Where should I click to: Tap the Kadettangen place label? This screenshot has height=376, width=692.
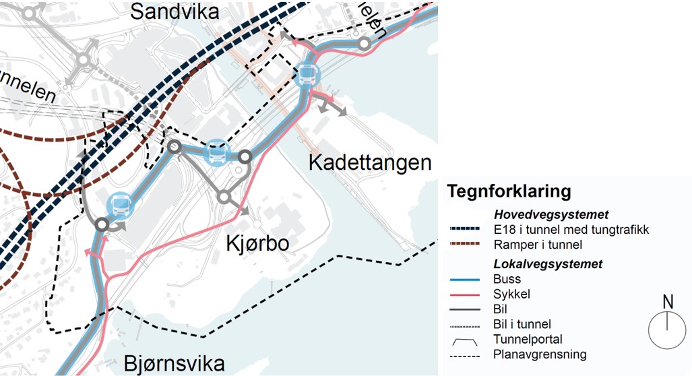[369, 163]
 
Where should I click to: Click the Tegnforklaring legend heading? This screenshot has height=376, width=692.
[509, 191]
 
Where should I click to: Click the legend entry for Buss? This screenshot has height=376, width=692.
[507, 280]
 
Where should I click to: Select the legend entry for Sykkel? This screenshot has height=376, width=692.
[511, 294]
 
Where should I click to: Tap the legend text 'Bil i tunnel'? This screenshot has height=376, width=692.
[522, 325]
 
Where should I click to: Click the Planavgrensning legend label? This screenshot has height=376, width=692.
[540, 354]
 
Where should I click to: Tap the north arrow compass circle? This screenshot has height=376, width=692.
[667, 330]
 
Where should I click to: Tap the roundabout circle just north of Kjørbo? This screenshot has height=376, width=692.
[224, 197]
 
